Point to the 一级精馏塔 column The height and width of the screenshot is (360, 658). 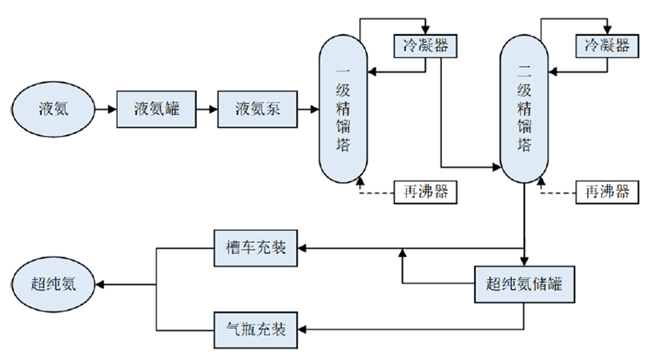342,109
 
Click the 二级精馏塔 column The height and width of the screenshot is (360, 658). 524,109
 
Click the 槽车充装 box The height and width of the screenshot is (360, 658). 256,247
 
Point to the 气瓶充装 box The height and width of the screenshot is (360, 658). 256,329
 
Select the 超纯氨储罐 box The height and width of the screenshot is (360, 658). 523,285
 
